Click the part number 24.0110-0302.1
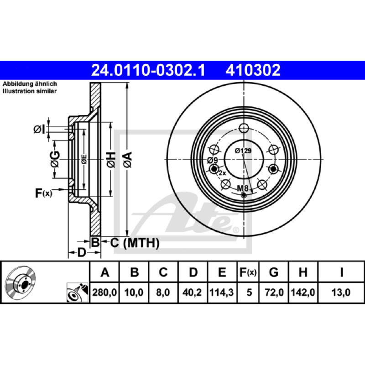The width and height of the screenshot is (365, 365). pos(148,70)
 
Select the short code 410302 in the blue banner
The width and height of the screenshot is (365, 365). pos(253,70)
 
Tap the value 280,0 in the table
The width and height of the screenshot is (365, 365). pos(104,292)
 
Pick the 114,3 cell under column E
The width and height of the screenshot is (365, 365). pos(222,292)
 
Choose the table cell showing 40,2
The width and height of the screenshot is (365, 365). pos(192,292)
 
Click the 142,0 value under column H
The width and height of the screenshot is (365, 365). pos(303,292)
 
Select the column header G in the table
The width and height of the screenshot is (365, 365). pos(273,272)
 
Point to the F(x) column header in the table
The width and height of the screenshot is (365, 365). pos(248,272)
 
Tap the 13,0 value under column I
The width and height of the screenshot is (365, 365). pos(341,292)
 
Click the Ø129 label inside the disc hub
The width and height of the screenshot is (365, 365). pos(243,151)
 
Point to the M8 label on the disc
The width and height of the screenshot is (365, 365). pos(243,188)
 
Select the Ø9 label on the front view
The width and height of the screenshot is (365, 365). pos(212,161)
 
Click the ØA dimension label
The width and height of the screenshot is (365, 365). pos(128,160)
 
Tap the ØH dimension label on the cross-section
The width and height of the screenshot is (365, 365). pos(111,160)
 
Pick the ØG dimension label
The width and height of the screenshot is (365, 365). pos(55,159)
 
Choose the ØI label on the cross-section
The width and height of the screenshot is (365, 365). pos(39,130)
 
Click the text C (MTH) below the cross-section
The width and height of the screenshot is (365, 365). pos(135,243)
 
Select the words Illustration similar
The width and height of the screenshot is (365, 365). pos(30,91)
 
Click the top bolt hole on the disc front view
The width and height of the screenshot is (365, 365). pos(244,128)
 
